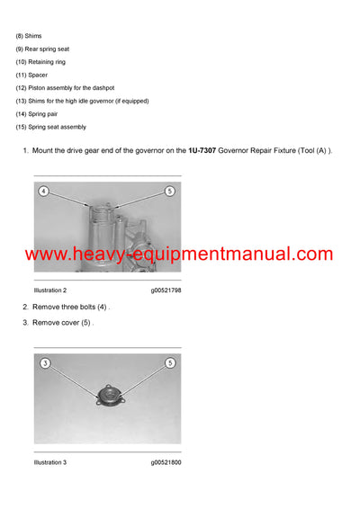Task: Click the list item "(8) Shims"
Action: pyautogui.click(x=30, y=36)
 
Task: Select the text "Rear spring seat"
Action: pyautogui.click(x=49, y=49)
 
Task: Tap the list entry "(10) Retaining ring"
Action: pyautogui.click(x=40, y=62)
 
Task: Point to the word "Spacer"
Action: pyautogui.click(x=40, y=75)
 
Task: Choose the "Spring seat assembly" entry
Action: pyautogui.click(x=55, y=127)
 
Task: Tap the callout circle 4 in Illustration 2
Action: pyautogui.click(x=43, y=192)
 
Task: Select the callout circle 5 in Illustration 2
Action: pyautogui.click(x=169, y=192)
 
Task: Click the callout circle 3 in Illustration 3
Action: pyautogui.click(x=46, y=363)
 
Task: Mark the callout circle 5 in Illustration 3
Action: pyautogui.click(x=169, y=363)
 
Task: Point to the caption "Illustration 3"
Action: pyautogui.click(x=50, y=462)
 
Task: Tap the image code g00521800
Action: pyautogui.click(x=166, y=462)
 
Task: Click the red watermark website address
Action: pyautogui.click(x=179, y=254)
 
